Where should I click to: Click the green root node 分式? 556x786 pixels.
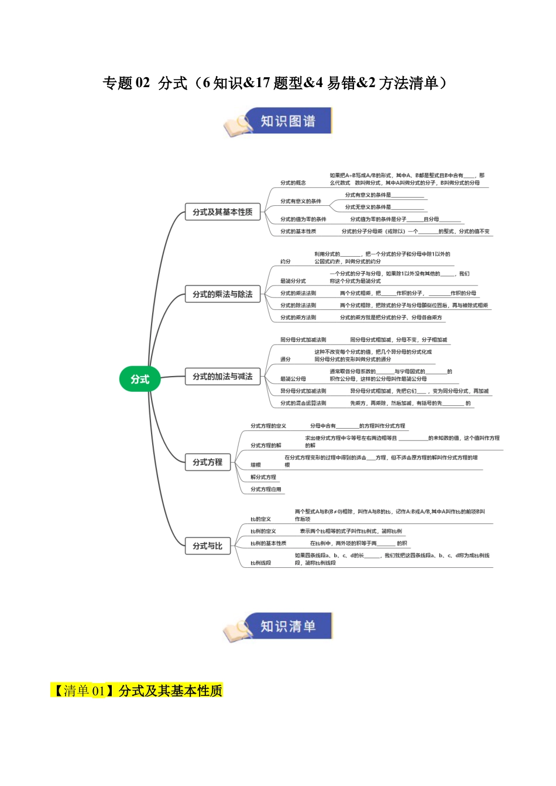(140, 379)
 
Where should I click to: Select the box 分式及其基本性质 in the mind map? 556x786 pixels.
(222, 212)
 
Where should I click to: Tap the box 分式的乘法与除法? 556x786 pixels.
(222, 294)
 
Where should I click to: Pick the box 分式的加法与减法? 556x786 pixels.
(222, 377)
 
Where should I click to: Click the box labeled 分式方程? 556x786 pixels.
(207, 462)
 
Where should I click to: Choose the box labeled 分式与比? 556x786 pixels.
(207, 546)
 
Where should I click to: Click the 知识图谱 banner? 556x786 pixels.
(287, 121)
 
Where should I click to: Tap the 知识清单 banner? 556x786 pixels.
(287, 626)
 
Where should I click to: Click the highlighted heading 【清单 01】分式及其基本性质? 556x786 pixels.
(136, 691)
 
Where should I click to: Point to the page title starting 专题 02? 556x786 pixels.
(275, 83)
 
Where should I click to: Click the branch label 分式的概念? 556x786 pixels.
(293, 183)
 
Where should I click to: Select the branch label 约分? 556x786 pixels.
(285, 261)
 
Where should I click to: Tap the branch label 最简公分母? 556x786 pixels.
(293, 379)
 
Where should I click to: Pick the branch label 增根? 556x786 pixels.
(256, 465)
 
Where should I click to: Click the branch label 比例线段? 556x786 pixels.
(260, 563)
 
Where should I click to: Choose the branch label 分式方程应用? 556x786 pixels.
(266, 489)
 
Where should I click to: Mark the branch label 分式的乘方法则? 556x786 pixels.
(298, 318)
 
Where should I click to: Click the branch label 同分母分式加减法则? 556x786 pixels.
(303, 340)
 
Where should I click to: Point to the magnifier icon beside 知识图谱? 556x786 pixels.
(236, 125)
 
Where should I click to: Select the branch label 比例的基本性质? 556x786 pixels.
(268, 543)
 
